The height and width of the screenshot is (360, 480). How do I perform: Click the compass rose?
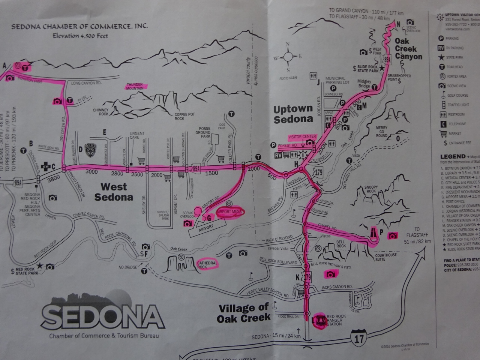(x=288, y=57)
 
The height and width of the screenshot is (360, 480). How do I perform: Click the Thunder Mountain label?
(x=135, y=86)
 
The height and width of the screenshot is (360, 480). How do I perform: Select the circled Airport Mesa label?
(x=228, y=212)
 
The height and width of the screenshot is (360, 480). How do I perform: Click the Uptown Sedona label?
(x=293, y=114)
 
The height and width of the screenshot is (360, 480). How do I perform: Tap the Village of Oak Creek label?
(x=244, y=313)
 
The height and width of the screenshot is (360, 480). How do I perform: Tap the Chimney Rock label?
(x=100, y=111)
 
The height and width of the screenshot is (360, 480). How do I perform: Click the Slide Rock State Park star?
(x=382, y=68)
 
